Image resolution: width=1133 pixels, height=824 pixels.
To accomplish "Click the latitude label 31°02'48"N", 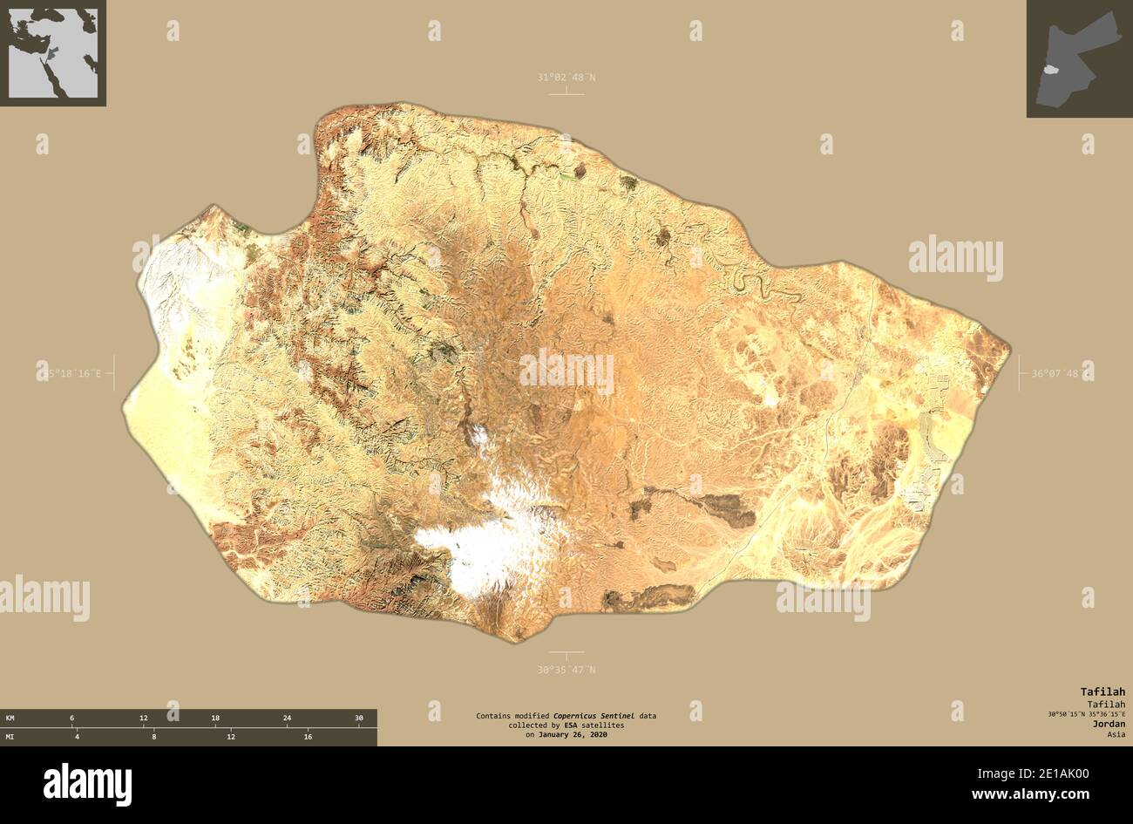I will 566,78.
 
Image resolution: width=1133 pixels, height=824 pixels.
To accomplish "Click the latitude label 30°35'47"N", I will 566,670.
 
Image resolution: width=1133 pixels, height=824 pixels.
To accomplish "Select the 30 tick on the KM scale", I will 358,718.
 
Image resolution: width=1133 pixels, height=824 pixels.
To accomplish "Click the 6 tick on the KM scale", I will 71,718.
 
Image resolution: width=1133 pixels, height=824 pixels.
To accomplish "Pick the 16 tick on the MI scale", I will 307,737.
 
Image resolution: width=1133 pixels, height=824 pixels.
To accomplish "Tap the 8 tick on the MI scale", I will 153,737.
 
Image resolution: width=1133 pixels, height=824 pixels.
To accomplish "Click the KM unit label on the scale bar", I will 10,718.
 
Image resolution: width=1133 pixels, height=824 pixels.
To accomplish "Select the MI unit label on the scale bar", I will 10,737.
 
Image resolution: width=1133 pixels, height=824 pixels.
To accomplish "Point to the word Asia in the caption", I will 1116,734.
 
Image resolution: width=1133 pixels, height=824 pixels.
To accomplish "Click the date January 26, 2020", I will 573,735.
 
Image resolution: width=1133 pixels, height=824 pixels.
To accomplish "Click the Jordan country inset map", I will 1078,58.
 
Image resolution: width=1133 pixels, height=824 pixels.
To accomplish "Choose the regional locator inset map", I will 52,52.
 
